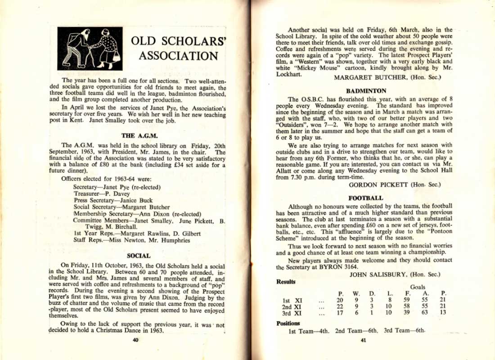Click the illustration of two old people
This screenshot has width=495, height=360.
tap(90, 49)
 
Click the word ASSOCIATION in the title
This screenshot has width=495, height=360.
tap(178, 56)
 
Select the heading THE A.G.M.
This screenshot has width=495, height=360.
tap(139, 135)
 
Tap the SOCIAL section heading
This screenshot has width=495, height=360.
tap(139, 256)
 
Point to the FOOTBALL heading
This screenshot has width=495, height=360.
tap(365, 198)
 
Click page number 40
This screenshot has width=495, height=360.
tap(135, 340)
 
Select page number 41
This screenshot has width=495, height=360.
tap(364, 340)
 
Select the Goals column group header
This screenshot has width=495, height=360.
tap(417, 287)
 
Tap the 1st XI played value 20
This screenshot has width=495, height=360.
tap(340, 300)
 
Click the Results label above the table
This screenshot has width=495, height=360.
tap(286, 282)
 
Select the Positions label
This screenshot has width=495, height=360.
tap(288, 323)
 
